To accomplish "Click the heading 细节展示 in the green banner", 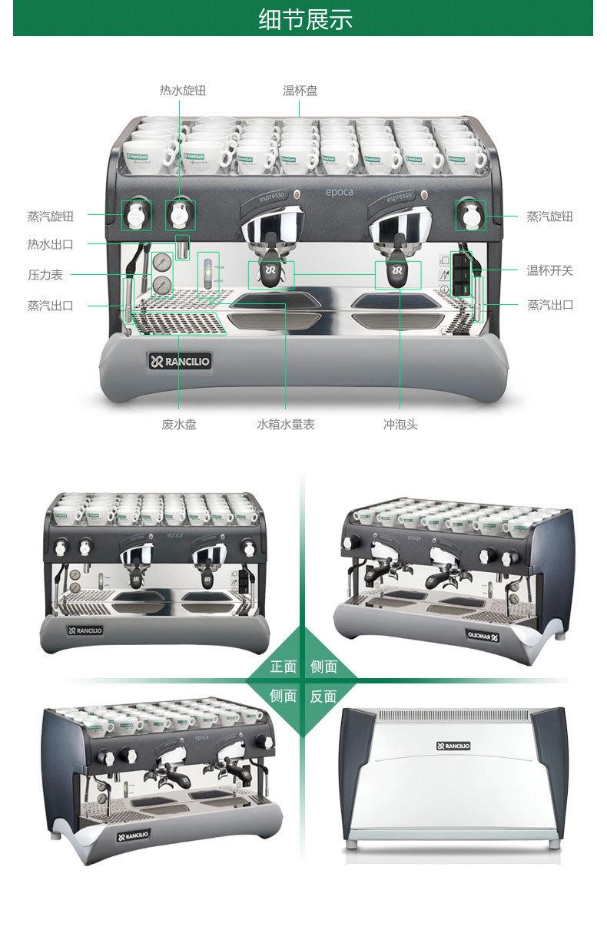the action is (305, 19).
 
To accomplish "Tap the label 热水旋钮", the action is (183, 91).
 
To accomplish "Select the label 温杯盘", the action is (300, 91).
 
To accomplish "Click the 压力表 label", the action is (45, 274).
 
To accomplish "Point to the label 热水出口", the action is (51, 244).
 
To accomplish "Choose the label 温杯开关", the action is (549, 270).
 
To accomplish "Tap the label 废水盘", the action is (179, 424).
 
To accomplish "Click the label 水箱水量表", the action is (286, 424).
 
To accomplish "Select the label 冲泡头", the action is (400, 424).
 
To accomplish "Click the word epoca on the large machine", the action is (338, 191).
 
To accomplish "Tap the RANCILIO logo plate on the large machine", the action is (179, 361).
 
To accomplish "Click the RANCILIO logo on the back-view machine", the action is (453, 745).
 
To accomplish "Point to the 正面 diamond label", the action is (283, 667).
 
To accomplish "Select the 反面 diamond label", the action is (323, 696).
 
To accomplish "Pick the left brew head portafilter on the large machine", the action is (270, 274).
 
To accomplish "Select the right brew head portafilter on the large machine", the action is (397, 274).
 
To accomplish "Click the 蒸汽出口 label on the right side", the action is (549, 305).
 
